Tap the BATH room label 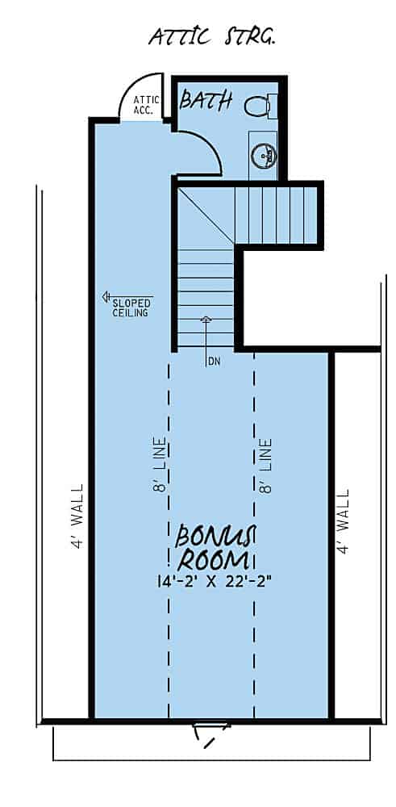tap(206, 101)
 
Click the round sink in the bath tap(262, 154)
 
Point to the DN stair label tap(214, 361)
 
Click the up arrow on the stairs tap(206, 321)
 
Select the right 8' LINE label tap(266, 466)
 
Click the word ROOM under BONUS tap(213, 560)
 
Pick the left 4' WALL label tap(77, 516)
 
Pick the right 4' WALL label tap(344, 521)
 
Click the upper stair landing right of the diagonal tap(274, 215)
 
